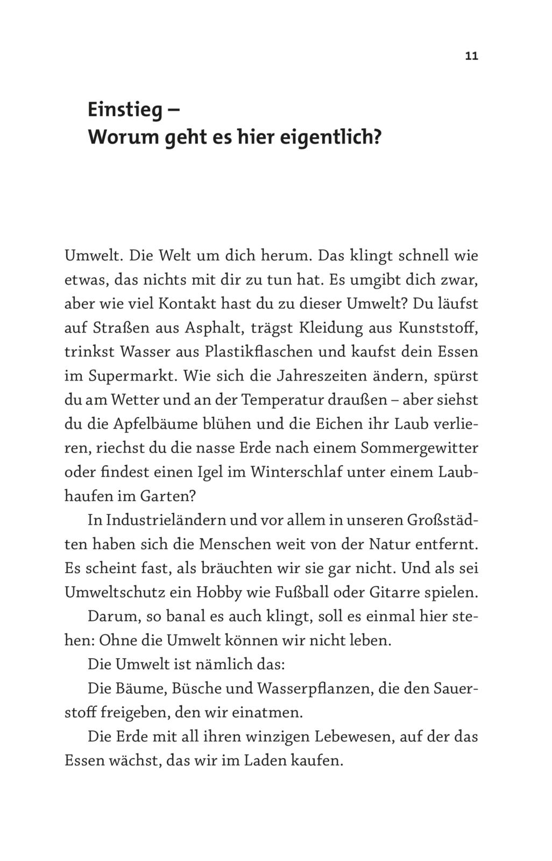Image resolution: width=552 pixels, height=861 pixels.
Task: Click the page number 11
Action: tap(471, 57)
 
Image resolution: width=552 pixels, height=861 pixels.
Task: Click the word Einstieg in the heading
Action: tap(125, 111)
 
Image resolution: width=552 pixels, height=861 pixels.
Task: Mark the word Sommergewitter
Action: tap(419, 448)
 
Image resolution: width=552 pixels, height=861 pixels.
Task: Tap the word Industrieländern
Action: tap(166, 520)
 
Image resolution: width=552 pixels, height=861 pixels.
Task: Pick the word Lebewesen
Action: tap(352, 737)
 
